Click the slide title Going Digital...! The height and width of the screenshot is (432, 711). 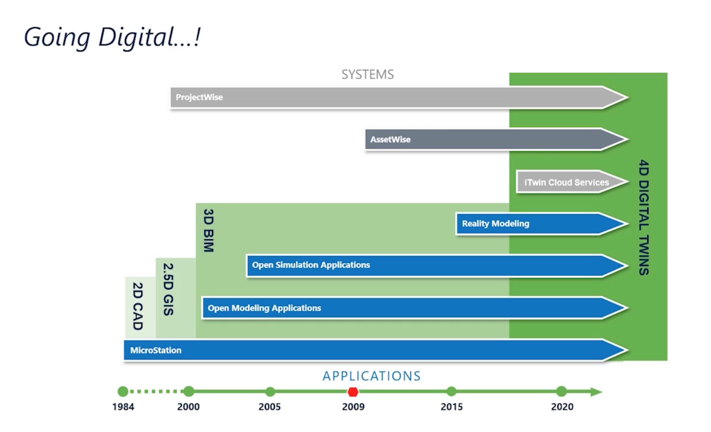[112, 37]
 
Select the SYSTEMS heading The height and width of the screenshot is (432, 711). [367, 74]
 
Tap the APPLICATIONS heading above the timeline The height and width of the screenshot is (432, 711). [371, 376]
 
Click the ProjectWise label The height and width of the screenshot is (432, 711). [199, 97]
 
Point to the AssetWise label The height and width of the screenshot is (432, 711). [390, 139]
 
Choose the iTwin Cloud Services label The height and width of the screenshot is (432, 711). [566, 183]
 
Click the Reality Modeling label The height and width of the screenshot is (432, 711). [496, 223]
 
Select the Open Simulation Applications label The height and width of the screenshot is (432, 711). [311, 265]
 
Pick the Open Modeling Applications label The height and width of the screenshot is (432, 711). [264, 308]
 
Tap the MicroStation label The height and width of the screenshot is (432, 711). [156, 350]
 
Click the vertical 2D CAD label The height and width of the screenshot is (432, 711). [138, 306]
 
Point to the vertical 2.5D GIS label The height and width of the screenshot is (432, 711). [168, 289]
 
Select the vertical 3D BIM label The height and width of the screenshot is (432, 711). [208, 230]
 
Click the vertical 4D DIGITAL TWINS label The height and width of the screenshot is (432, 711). [644, 217]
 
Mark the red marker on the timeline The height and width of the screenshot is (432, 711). [353, 392]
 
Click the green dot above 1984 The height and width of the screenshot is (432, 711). [123, 392]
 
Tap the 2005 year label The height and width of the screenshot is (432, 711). [269, 407]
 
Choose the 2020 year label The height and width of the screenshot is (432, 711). [562, 407]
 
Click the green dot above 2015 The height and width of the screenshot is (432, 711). [452, 392]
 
